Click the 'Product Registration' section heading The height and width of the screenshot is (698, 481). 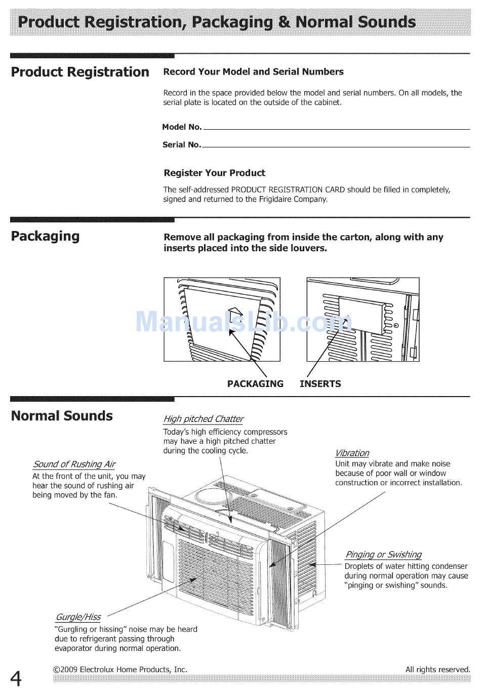(80, 72)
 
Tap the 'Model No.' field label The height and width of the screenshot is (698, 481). (182, 127)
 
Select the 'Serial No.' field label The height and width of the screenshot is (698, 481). (182, 145)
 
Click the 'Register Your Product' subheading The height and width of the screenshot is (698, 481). (214, 173)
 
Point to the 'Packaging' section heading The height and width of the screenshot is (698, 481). (45, 236)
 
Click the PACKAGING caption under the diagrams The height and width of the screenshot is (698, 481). (255, 383)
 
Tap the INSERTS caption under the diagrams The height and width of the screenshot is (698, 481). (320, 383)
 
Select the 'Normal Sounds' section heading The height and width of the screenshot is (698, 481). (62, 416)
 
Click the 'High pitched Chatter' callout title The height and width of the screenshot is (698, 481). (203, 419)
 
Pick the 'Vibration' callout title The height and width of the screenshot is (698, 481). (352, 453)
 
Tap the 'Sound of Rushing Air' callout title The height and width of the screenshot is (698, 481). (74, 464)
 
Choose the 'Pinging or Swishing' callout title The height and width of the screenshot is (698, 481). (383, 555)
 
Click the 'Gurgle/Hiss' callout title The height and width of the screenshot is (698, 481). (77, 617)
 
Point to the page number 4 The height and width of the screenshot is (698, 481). (16, 678)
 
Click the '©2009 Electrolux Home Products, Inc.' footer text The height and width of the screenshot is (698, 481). (121, 669)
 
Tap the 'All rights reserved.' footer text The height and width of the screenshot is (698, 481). (437, 669)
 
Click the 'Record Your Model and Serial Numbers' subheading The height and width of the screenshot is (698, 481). (253, 72)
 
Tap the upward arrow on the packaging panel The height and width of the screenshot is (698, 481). (235, 311)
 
